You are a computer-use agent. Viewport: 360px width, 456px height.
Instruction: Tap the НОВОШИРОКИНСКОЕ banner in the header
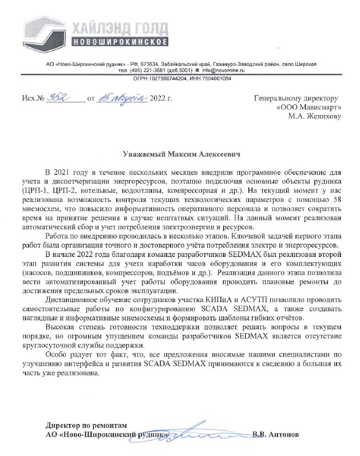tap(121, 43)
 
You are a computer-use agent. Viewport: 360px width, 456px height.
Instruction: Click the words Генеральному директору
tap(296, 98)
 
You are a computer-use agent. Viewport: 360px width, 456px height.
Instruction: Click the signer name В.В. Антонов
tap(275, 435)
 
